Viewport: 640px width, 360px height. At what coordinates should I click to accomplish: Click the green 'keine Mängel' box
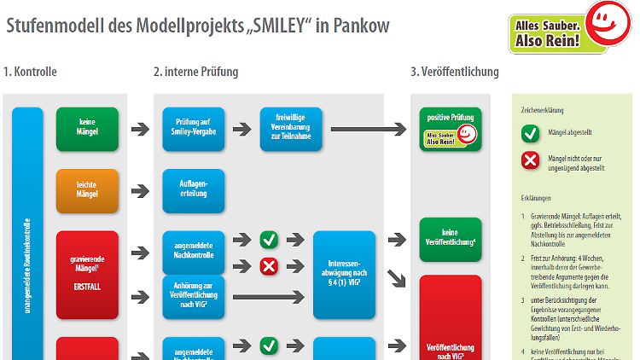(x=87, y=129)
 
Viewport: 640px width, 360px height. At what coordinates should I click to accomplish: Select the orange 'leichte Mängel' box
(x=87, y=190)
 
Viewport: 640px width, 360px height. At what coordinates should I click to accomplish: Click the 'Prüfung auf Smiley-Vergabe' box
(x=193, y=129)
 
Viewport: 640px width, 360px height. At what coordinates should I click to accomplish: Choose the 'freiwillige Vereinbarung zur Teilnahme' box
(x=291, y=129)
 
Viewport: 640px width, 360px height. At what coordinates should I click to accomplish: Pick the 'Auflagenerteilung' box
(x=193, y=190)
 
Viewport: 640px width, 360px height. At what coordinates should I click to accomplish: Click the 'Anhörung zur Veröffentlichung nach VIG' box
(x=193, y=296)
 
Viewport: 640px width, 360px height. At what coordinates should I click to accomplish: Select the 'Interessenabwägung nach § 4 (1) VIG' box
(x=344, y=274)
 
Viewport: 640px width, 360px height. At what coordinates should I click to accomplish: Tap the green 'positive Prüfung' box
(x=450, y=129)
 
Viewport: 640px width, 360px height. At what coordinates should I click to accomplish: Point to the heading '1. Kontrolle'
(x=31, y=72)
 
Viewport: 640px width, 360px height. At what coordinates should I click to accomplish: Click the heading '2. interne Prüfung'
(x=196, y=72)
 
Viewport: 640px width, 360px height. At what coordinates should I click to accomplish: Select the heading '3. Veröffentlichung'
(x=455, y=72)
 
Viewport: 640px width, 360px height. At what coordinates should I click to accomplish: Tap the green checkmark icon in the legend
(x=529, y=132)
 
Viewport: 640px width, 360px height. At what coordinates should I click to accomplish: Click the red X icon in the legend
(x=529, y=160)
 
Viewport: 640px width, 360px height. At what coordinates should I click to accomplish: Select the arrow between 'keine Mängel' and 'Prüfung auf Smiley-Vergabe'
(x=138, y=129)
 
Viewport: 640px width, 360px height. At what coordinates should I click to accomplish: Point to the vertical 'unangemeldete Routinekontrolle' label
(x=28, y=247)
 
